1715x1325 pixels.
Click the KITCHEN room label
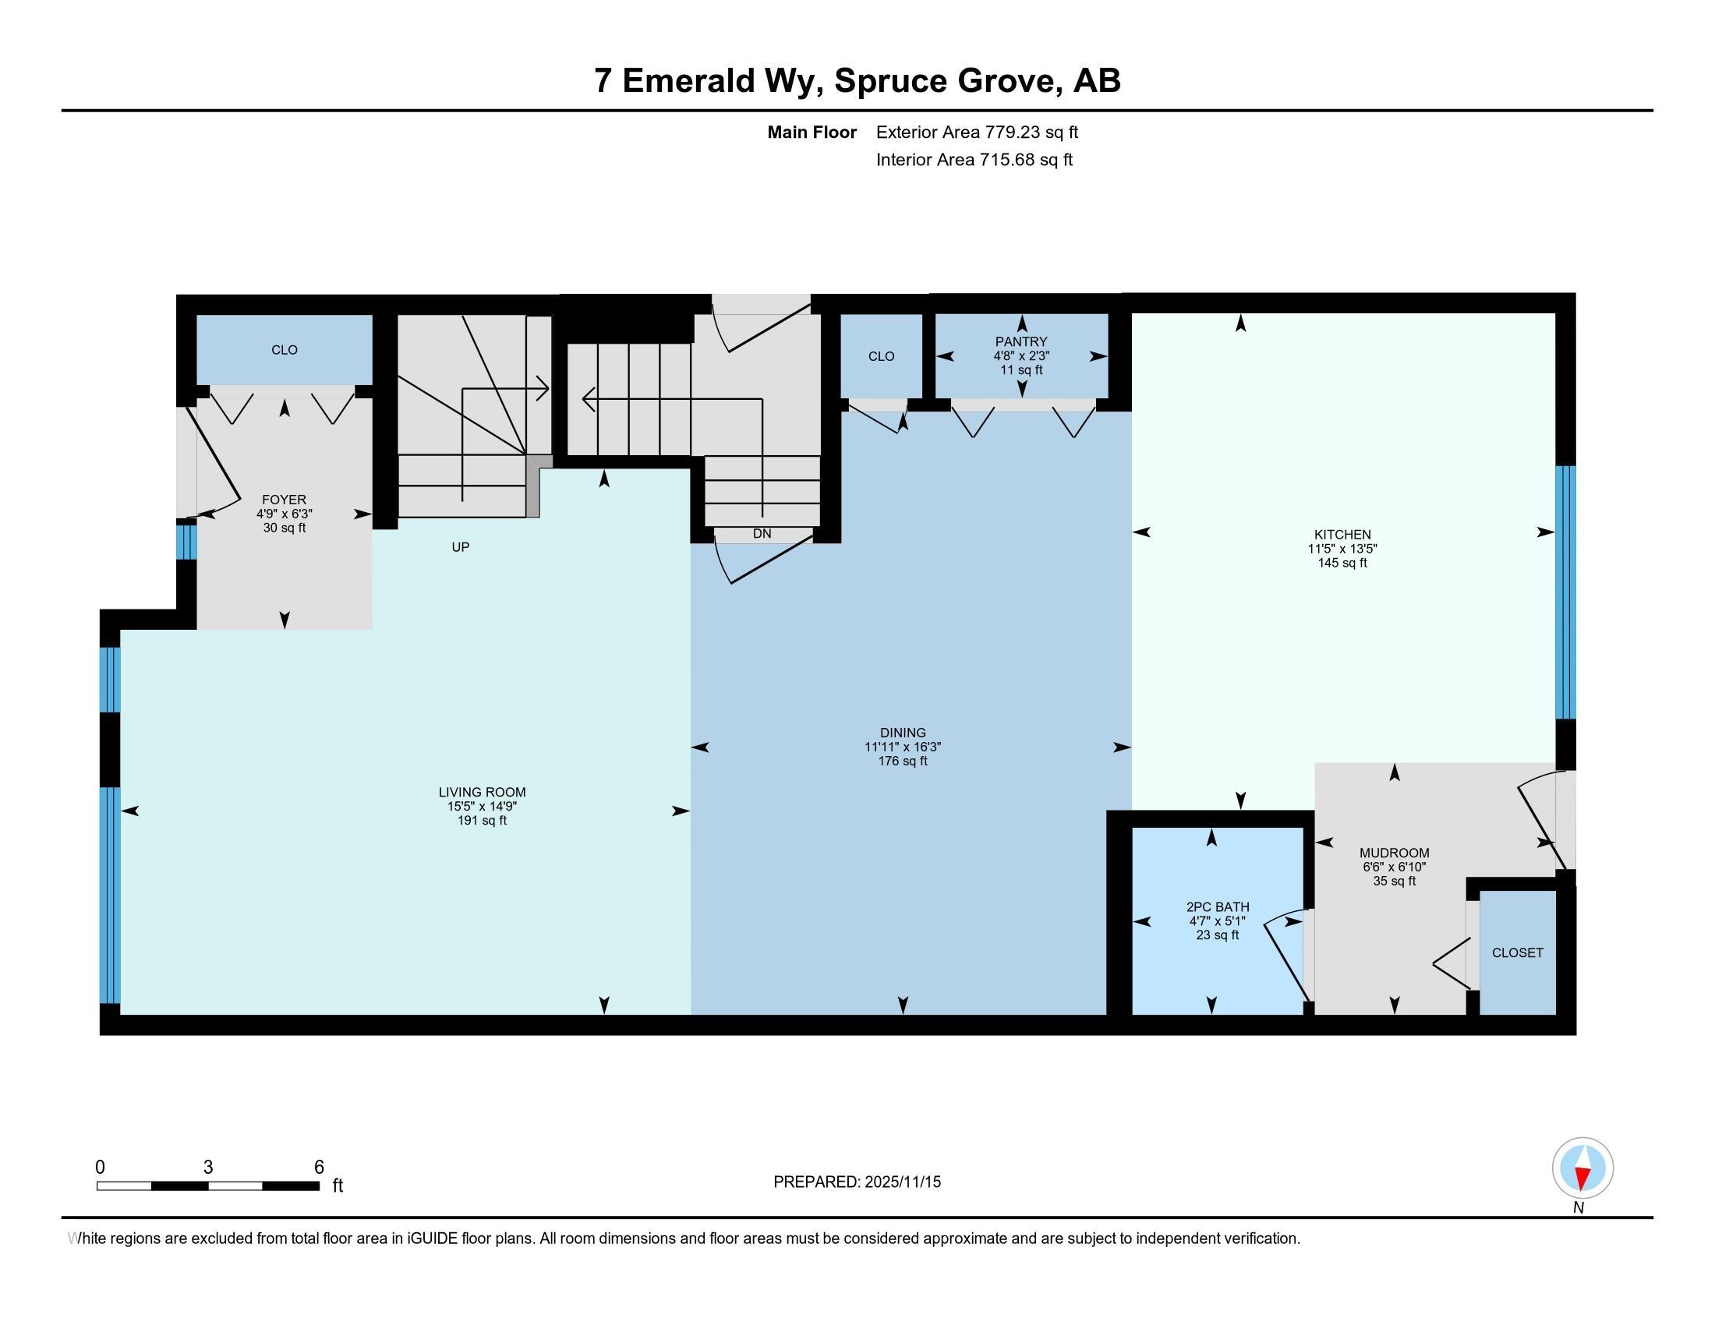click(1342, 535)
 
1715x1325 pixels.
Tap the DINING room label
click(903, 733)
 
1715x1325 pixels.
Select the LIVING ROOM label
click(482, 793)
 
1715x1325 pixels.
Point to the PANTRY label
click(1022, 341)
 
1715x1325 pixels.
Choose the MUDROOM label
click(1395, 853)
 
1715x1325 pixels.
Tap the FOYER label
click(285, 500)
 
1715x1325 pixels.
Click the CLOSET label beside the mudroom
click(1518, 953)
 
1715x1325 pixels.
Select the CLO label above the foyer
click(285, 350)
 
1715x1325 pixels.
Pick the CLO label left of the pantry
click(881, 356)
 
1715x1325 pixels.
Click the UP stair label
click(461, 547)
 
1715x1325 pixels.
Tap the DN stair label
click(762, 534)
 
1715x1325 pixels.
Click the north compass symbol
click(1582, 1168)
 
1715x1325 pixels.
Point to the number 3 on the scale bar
click(208, 1168)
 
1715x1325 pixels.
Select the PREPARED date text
click(857, 1182)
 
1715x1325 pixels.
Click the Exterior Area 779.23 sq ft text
click(977, 132)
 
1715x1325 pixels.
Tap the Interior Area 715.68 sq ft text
click(974, 160)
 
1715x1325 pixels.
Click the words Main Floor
click(812, 132)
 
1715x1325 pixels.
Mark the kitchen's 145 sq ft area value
click(1342, 563)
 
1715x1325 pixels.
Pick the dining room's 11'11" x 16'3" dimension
click(903, 747)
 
